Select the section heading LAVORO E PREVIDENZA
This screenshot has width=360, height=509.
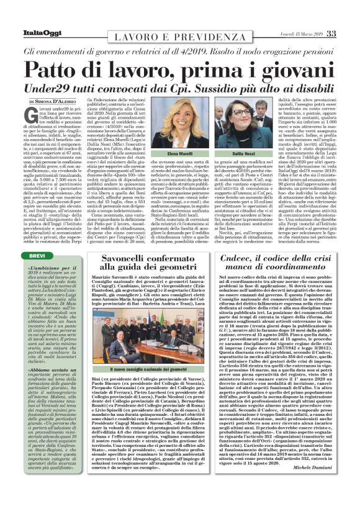(180, 40)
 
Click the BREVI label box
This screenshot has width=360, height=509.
(41, 238)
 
